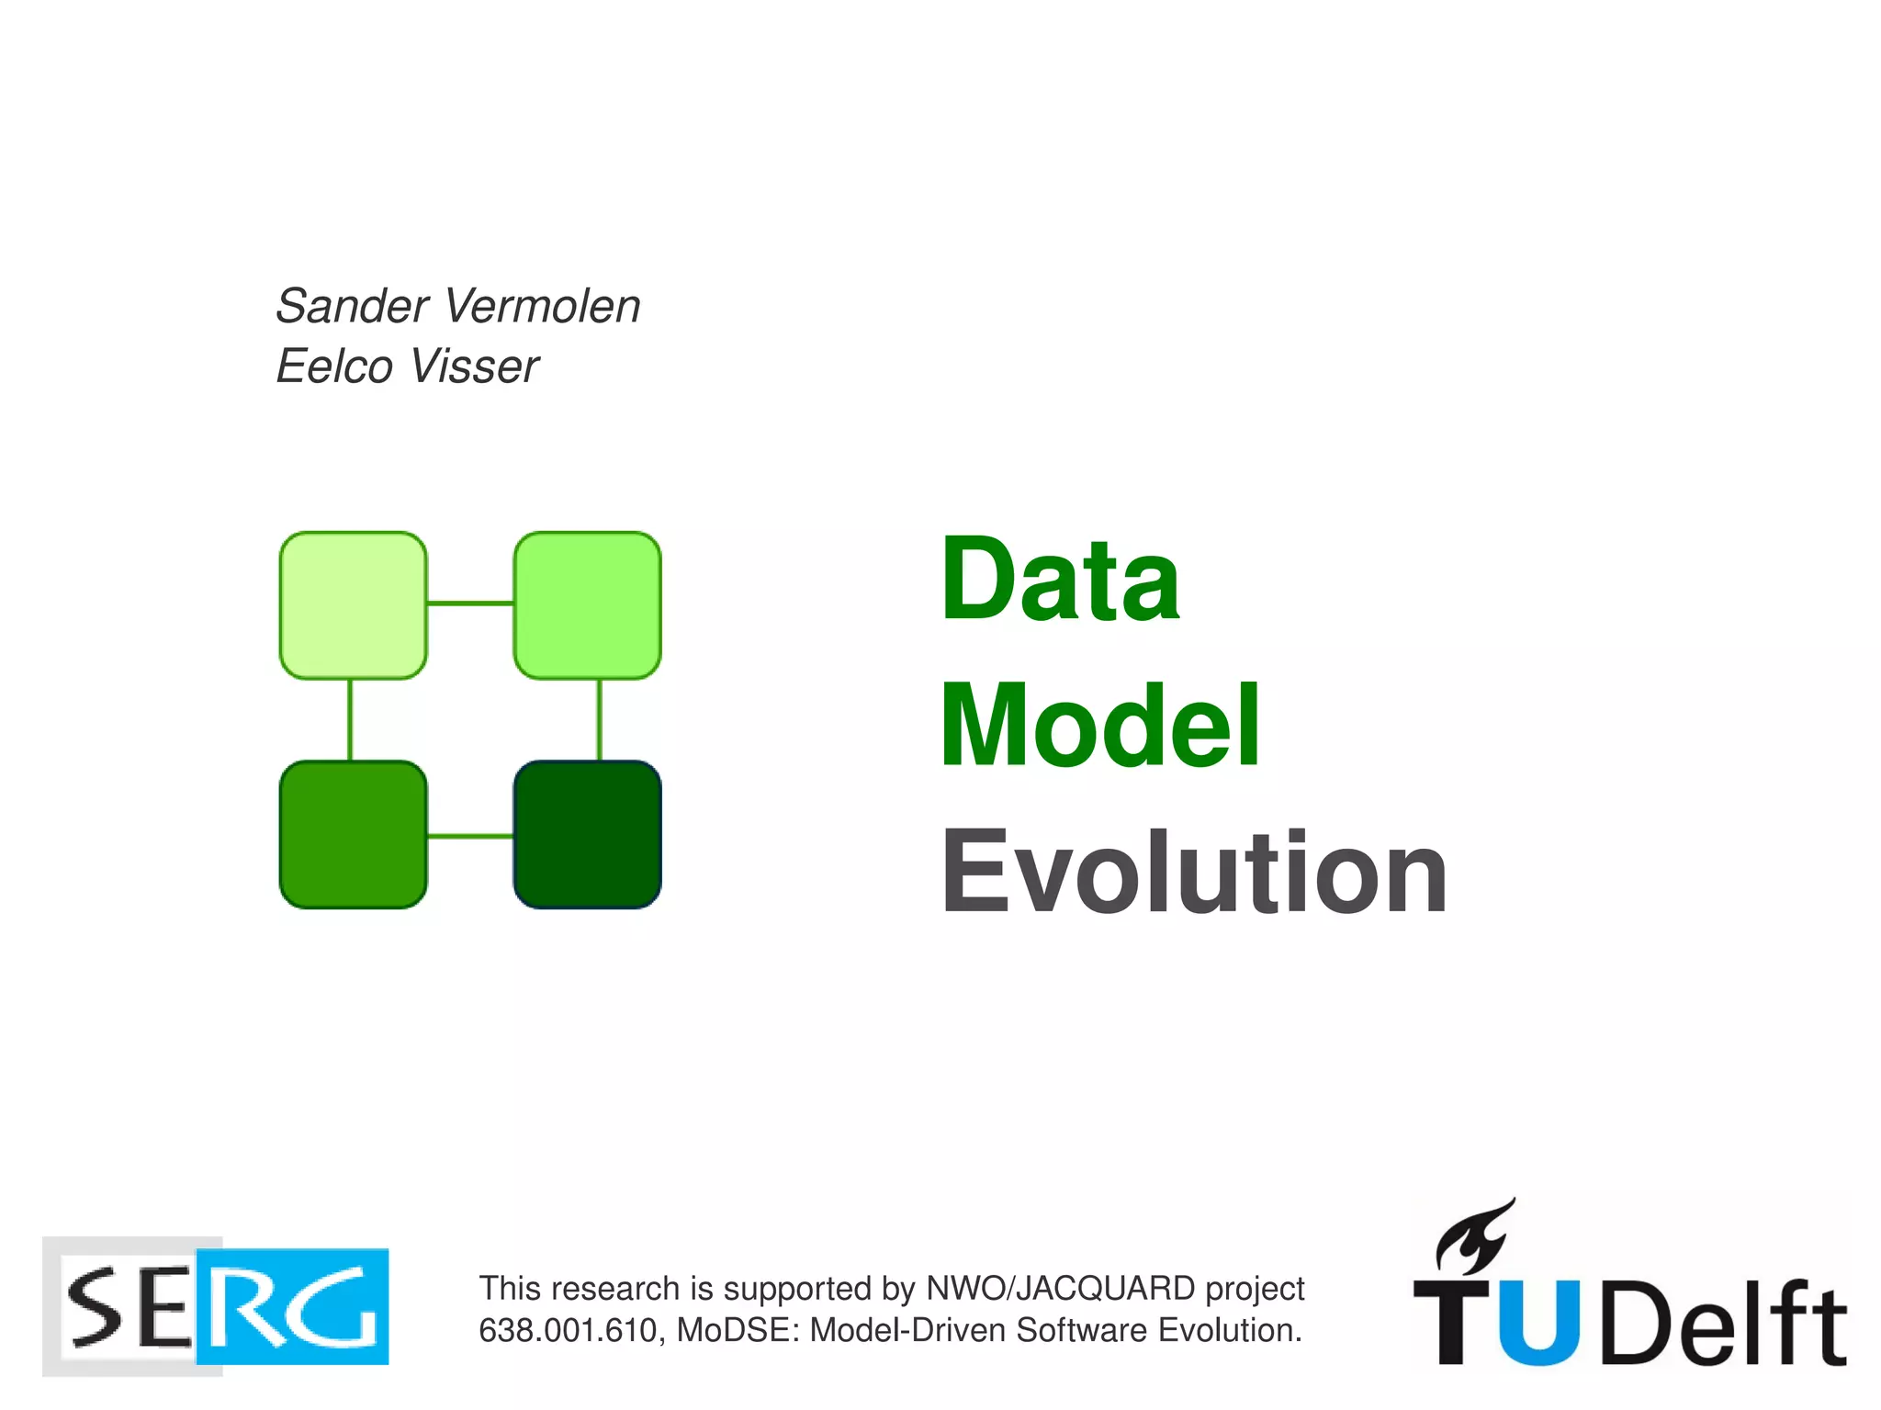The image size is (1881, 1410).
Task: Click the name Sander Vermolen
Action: (457, 306)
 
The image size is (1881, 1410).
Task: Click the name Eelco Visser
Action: (407, 367)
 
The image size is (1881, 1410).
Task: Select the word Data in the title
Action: (1060, 580)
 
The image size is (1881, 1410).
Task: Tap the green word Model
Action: (1100, 725)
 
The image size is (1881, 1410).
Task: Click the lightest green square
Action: (353, 605)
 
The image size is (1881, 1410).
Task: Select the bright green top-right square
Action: (587, 605)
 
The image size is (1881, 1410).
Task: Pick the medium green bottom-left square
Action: (353, 834)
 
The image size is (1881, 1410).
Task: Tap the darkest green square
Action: (587, 834)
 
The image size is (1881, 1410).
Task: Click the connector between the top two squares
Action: (469, 603)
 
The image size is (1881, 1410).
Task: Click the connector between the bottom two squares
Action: (469, 836)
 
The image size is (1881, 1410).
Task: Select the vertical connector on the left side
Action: (350, 719)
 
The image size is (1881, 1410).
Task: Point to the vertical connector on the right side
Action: (600, 719)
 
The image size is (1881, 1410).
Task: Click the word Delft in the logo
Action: (1722, 1323)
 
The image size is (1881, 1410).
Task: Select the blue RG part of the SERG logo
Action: (294, 1307)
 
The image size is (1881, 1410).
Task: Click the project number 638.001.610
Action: (567, 1331)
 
